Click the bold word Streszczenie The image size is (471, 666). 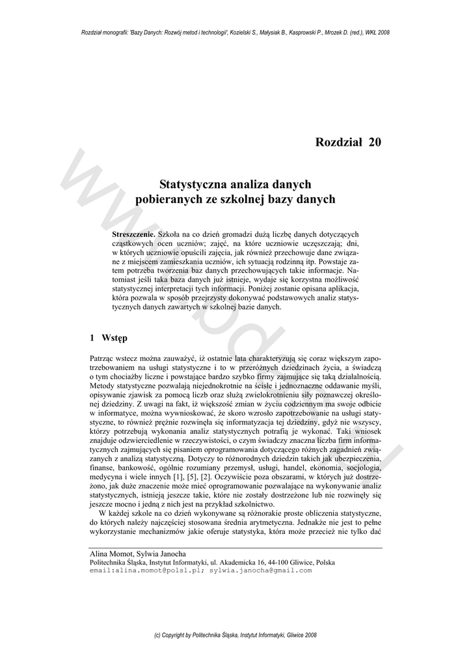tap(133, 233)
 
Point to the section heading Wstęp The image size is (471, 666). tap(114, 338)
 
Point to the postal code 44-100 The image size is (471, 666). tap(282, 562)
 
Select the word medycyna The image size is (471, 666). tap(106, 477)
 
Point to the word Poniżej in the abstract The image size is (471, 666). tap(254, 287)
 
